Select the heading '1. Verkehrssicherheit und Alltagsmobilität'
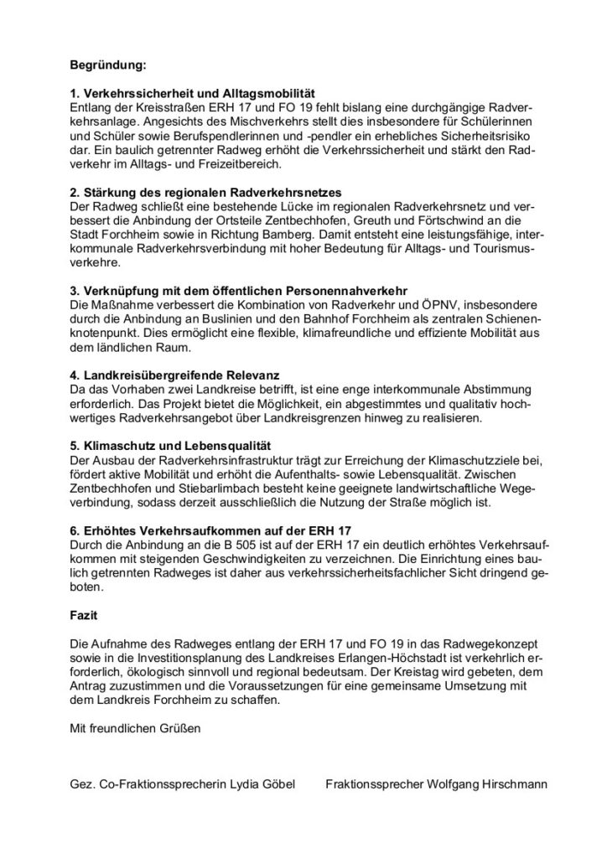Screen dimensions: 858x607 [192, 95]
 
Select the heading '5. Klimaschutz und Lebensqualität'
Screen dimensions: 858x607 [170, 447]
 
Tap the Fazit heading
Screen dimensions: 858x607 [84, 616]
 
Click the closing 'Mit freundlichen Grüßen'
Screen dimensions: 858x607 [136, 728]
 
